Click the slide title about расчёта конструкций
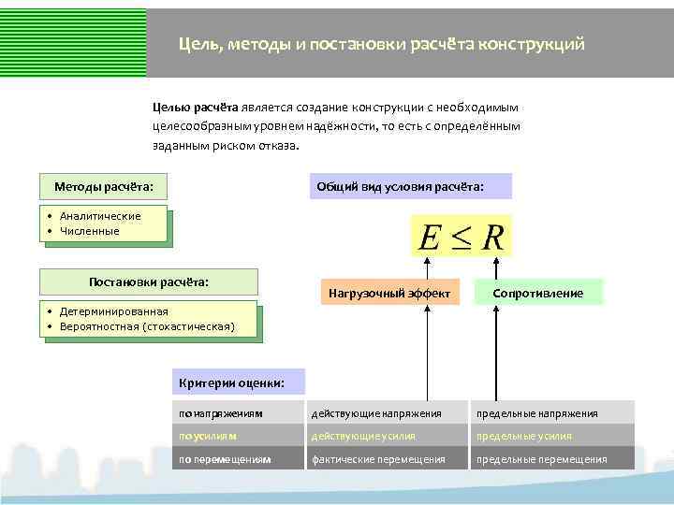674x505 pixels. pos(382,44)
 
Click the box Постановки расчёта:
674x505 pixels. pos(148,281)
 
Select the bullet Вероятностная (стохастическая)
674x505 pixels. pos(145,326)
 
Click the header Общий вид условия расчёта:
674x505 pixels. pos(413,186)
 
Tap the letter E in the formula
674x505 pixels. pos(430,238)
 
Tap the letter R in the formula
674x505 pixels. pos(492,238)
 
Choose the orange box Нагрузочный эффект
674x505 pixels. pos(389,294)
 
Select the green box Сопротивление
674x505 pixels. pos(538,294)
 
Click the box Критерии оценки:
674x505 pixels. pos(239,382)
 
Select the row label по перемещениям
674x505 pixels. pos(226,459)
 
